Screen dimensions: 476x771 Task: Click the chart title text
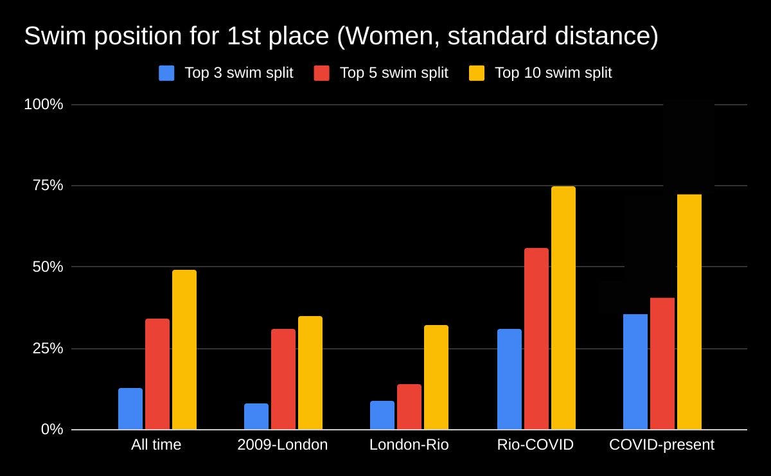tap(341, 37)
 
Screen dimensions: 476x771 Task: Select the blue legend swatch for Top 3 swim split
tap(166, 73)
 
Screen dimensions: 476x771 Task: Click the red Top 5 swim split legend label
tap(393, 73)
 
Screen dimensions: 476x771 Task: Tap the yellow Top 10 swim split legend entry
tap(553, 73)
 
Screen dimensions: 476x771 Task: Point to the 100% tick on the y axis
tap(44, 104)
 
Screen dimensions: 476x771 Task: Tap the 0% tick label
tap(52, 429)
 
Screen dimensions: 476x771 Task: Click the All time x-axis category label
tap(156, 445)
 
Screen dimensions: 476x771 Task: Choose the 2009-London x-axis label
tap(282, 445)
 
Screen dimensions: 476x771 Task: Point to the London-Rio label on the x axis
tap(409, 445)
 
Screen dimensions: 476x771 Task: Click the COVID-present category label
tap(661, 445)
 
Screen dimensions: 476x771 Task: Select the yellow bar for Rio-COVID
tap(563, 308)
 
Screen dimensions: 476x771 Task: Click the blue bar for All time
tap(130, 409)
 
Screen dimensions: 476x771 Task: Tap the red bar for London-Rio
tap(409, 407)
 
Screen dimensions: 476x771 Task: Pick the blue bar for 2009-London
tap(256, 416)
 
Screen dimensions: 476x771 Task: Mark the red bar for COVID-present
tap(662, 364)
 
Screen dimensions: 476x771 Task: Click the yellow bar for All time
tap(184, 350)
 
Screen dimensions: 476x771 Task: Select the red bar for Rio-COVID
tap(536, 339)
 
